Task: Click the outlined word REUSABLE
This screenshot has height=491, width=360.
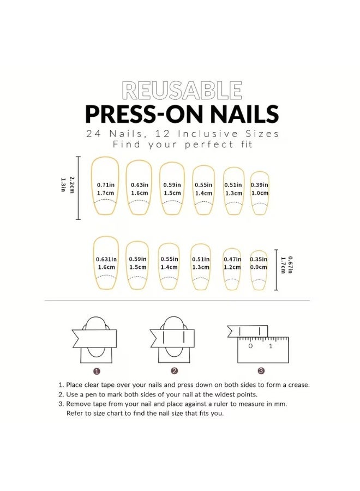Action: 182,91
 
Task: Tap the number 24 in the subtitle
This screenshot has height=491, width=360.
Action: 93,134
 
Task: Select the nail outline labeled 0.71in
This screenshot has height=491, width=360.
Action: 105,188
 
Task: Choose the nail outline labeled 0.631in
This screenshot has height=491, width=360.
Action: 106,262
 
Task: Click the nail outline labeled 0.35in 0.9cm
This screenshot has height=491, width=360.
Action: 259,266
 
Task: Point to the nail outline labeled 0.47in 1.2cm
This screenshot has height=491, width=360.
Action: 232,265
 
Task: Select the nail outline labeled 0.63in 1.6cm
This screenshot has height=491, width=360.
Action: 139,189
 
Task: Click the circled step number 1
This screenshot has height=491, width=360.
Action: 97,371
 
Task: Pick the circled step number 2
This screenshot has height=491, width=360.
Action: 174,371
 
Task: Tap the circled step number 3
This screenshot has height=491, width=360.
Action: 261,371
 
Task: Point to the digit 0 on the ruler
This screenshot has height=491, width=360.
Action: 250,346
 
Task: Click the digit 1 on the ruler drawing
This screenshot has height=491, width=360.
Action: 270,346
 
